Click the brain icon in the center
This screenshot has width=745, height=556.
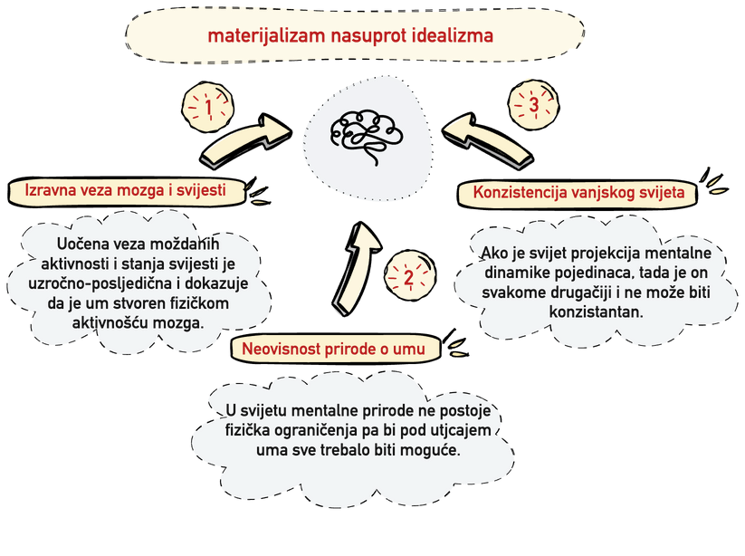pos(370,134)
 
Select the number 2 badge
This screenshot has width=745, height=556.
pos(408,278)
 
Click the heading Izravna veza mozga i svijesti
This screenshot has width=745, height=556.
pos(129,190)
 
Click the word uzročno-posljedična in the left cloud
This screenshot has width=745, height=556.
pos(91,283)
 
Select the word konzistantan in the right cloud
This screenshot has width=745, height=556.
pos(595,312)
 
